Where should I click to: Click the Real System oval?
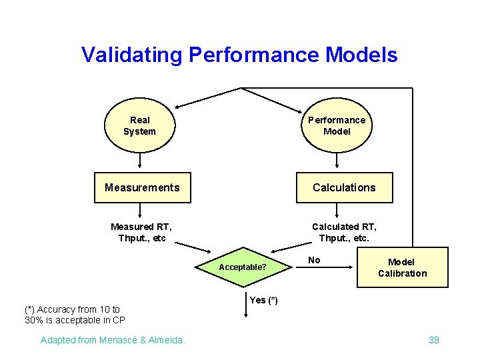point(139,125)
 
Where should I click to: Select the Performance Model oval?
point(337,125)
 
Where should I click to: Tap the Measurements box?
point(142,187)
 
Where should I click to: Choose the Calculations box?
point(344,187)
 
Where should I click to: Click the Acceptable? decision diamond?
point(243,267)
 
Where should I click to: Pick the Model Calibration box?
point(402,267)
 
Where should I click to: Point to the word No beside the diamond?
point(314,260)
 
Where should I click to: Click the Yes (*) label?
point(263,300)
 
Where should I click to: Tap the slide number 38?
point(434,340)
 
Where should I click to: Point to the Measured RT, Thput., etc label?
point(141,233)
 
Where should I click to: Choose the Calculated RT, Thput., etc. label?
point(344,233)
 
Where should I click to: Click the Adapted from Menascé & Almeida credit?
point(113,340)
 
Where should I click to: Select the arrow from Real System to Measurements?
point(139,159)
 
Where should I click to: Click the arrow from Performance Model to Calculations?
point(337,159)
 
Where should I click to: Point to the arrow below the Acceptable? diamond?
point(243,303)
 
